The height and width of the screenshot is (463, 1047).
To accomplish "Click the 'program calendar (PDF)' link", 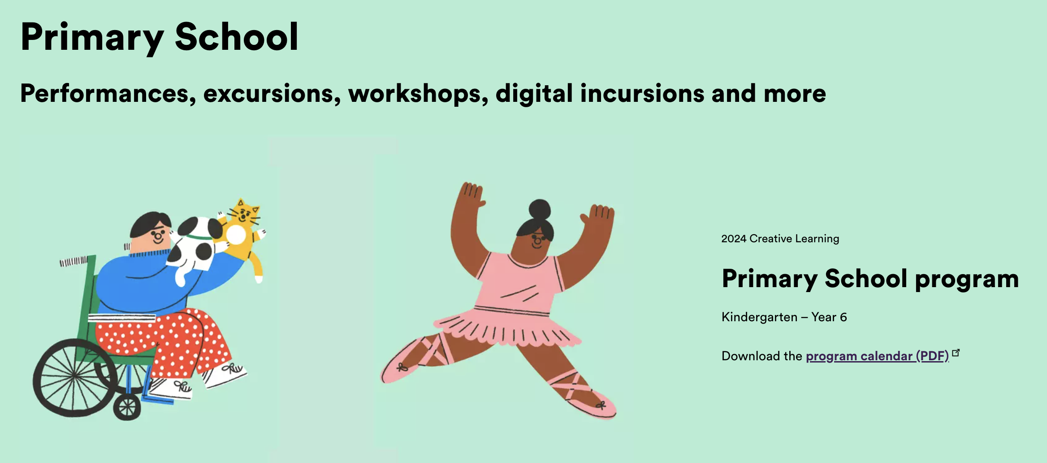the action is point(877,356).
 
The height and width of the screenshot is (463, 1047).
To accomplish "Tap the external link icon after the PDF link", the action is point(956,353).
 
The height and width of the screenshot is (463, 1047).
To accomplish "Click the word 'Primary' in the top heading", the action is point(92,38).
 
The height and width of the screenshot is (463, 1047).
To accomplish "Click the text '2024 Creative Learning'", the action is point(780,239).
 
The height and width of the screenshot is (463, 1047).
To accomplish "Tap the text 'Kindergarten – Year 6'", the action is point(784,317).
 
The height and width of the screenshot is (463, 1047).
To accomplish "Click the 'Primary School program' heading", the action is point(870,279).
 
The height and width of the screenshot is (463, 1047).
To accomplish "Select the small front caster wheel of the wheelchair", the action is point(127,408).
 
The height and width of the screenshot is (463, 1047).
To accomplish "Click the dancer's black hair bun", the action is point(540,210).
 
